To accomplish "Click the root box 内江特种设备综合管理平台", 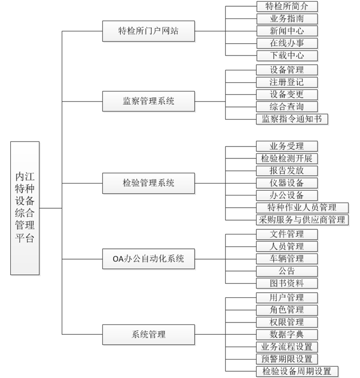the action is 25,208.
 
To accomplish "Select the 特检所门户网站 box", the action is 149,31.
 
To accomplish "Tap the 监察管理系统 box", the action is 149,101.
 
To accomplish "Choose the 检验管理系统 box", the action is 149,183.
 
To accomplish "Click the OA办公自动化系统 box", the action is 149,259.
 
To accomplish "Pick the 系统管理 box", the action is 149,335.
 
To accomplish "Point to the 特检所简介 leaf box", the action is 287,7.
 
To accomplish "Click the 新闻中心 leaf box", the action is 287,31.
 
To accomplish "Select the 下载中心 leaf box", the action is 287,56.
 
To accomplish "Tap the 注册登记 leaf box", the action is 286,82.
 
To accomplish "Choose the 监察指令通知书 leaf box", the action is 292,119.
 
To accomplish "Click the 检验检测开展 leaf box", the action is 286,158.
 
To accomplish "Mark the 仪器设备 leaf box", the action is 286,183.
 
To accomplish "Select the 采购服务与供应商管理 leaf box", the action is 302,220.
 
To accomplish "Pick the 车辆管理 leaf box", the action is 286,259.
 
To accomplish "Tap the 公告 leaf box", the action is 286,271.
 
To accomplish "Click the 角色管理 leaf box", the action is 286,310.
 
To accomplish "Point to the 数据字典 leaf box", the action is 286,335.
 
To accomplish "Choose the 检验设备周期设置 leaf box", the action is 297,371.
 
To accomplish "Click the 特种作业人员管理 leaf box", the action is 302,208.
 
